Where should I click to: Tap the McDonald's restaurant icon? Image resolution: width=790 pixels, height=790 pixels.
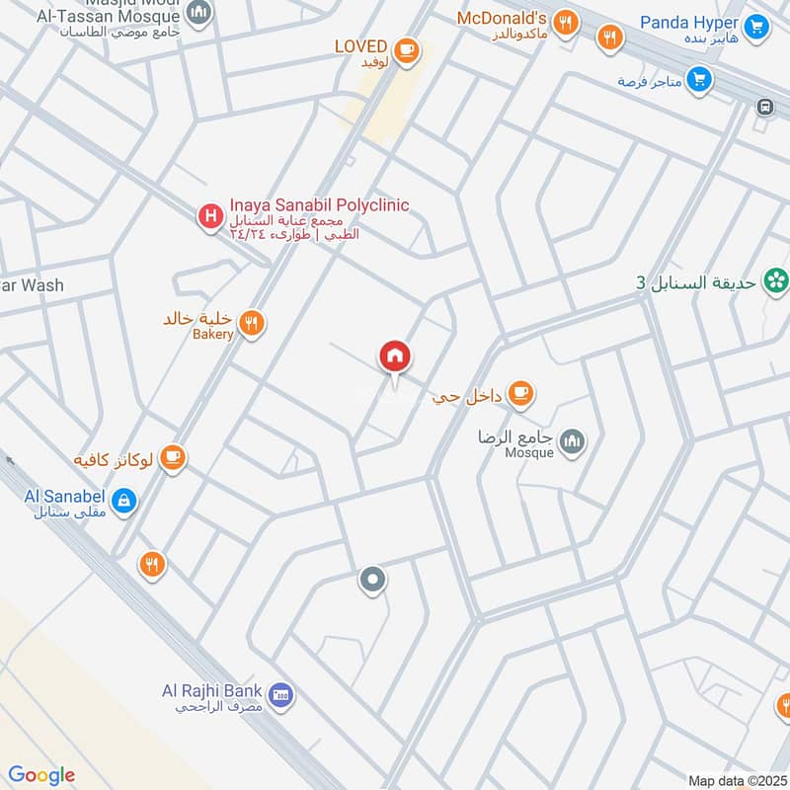(x=565, y=23)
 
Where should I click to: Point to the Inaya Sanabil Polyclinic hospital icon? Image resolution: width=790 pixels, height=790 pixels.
(x=209, y=217)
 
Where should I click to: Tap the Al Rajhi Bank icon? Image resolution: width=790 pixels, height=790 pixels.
(x=280, y=695)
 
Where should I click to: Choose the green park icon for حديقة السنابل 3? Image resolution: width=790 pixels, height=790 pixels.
(x=776, y=281)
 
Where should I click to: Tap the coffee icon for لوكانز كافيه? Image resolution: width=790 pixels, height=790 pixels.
(x=174, y=456)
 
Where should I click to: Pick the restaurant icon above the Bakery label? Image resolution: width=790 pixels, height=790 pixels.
(x=253, y=322)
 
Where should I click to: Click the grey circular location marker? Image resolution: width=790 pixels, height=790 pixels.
(x=372, y=581)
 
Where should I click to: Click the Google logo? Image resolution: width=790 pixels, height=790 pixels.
(x=41, y=774)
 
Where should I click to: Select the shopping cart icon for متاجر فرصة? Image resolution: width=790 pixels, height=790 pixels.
(x=699, y=79)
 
